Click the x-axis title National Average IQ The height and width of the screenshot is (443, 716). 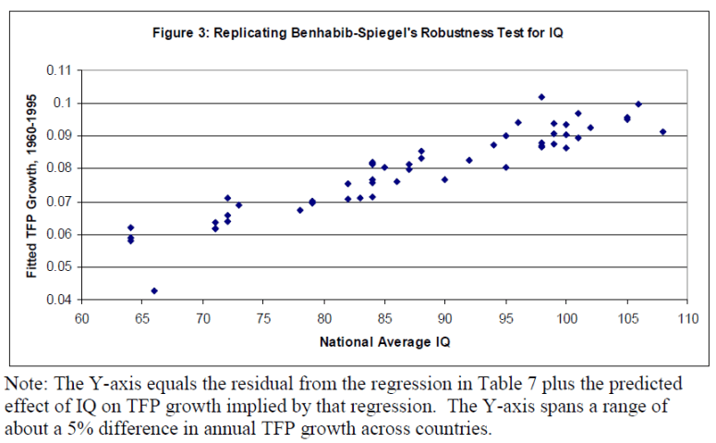point(383,342)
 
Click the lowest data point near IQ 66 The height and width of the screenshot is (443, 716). point(154,290)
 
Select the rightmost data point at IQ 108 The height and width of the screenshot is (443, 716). point(662,131)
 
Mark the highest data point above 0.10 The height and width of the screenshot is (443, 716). point(541,97)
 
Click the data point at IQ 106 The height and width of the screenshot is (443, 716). point(638,105)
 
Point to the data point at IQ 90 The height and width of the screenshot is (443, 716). point(445,179)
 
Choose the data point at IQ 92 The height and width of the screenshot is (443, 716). point(469,160)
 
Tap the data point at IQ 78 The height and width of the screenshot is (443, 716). point(300,210)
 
